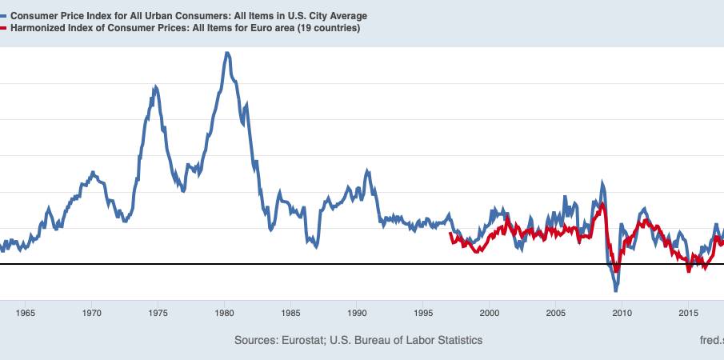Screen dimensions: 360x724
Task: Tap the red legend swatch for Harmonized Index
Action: click(x=4, y=28)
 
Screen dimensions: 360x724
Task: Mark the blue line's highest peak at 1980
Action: click(x=227, y=54)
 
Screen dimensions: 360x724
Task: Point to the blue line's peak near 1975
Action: click(x=155, y=86)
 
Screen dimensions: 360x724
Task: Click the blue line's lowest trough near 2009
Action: click(x=616, y=290)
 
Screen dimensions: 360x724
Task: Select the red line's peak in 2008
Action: click(x=602, y=205)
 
